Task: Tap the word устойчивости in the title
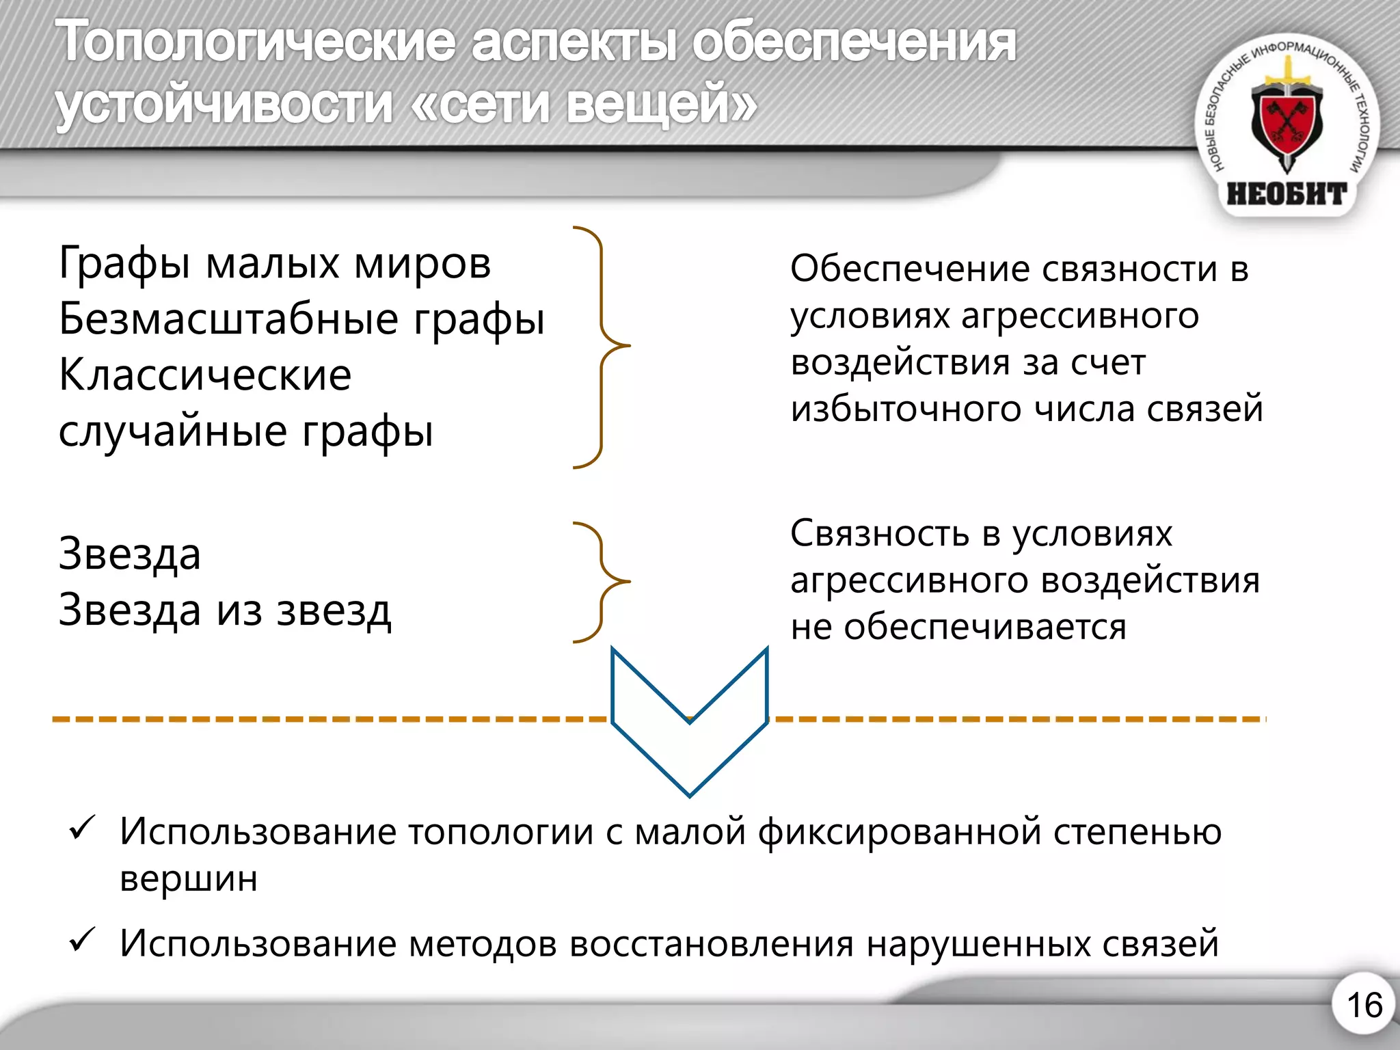pyautogui.click(x=224, y=104)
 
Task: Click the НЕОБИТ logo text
pyautogui.click(x=1287, y=194)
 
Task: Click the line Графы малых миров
pyautogui.click(x=275, y=263)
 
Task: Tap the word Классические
pyautogui.click(x=205, y=375)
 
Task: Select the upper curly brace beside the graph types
pyautogui.click(x=602, y=347)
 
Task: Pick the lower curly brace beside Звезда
pyautogui.click(x=602, y=582)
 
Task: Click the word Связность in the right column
pyautogui.click(x=879, y=533)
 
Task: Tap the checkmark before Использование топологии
pyautogui.click(x=82, y=829)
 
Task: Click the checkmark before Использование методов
pyautogui.click(x=82, y=941)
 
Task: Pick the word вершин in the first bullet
pyautogui.click(x=189, y=879)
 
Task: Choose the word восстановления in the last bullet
pyautogui.click(x=711, y=944)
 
